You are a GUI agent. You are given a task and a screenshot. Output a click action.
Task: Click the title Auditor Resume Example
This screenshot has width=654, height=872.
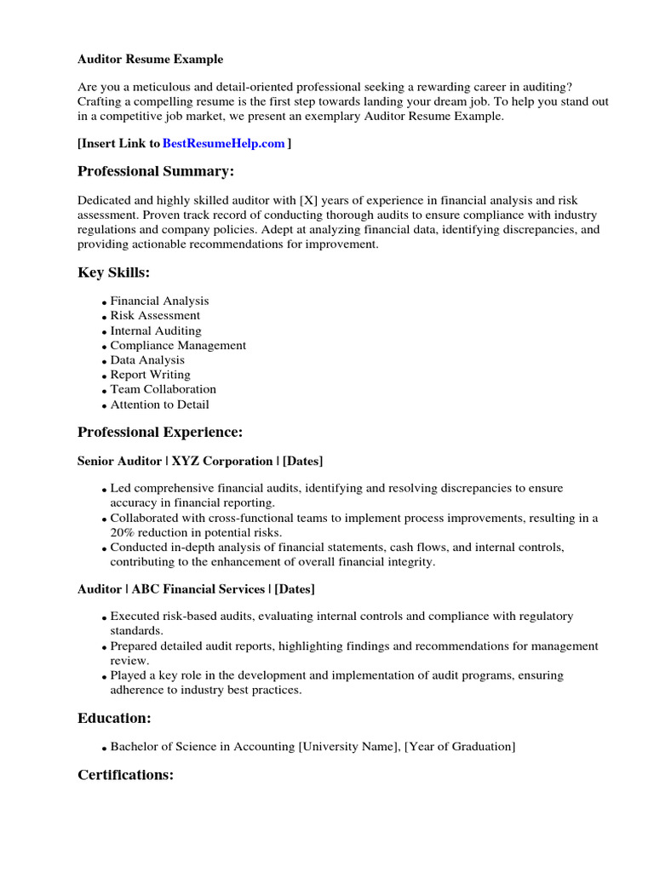click(x=151, y=60)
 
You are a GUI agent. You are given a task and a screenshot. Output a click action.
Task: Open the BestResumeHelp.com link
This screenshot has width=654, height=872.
click(x=223, y=144)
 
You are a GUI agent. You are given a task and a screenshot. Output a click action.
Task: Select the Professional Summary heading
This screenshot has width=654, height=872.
click(x=155, y=172)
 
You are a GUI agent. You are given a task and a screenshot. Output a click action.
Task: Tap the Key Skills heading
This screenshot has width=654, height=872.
click(x=113, y=272)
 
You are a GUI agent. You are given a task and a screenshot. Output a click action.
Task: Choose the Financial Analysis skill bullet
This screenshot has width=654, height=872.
click(x=159, y=301)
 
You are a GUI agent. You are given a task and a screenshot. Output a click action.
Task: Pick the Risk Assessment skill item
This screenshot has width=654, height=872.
click(x=155, y=316)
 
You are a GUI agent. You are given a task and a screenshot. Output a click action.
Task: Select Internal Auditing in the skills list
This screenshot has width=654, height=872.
click(x=156, y=330)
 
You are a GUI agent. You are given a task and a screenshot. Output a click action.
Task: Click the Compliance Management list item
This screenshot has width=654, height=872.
click(x=178, y=346)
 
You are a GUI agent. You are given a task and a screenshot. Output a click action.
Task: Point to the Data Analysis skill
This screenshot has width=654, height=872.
click(x=147, y=360)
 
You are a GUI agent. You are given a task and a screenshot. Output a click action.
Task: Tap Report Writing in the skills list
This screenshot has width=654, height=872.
click(x=150, y=375)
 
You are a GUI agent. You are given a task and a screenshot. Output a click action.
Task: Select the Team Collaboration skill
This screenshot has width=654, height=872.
click(x=163, y=390)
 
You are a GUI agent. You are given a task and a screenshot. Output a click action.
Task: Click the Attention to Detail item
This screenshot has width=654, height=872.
click(x=159, y=404)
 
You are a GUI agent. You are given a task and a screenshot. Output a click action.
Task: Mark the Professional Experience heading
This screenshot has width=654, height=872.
click(x=160, y=433)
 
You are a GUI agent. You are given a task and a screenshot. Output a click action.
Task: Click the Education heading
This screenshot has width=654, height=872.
click(x=114, y=719)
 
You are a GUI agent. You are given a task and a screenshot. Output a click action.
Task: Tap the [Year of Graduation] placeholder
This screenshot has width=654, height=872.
click(x=460, y=747)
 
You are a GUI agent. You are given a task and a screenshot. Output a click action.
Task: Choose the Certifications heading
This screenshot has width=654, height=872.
click(x=125, y=775)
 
